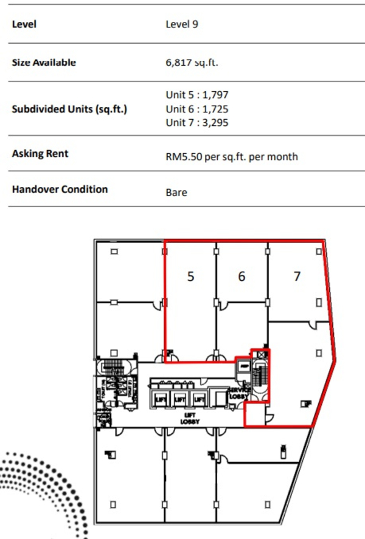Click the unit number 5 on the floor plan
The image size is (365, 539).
[191, 276]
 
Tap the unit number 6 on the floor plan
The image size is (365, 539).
[242, 276]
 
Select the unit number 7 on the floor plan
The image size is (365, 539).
[297, 276]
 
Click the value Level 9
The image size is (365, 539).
[182, 24]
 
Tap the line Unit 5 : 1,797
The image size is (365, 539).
[197, 95]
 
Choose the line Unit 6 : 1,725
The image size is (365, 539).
[197, 109]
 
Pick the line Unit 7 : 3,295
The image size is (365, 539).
[197, 123]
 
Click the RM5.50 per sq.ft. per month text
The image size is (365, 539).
[232, 157]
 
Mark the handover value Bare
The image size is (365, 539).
[176, 193]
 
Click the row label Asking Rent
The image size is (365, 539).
[40, 154]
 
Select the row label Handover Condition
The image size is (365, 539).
[60, 189]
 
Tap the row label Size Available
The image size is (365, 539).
[44, 62]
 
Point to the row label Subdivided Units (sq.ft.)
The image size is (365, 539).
[69, 110]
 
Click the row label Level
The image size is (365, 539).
[24, 24]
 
